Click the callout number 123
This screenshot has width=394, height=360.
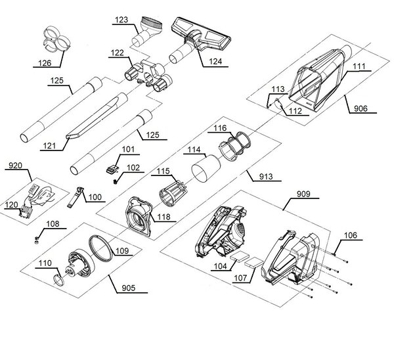[x=121, y=20]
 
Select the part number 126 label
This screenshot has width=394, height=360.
[x=45, y=63]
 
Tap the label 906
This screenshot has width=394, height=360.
[x=361, y=108]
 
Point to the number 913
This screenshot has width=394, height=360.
[x=266, y=177]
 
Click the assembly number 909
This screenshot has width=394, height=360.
[x=303, y=194]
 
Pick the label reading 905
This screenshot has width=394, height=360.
[x=129, y=288]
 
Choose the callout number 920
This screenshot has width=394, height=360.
[x=15, y=166]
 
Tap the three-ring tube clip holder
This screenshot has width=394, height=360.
[x=56, y=39]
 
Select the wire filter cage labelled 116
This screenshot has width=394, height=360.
[x=235, y=146]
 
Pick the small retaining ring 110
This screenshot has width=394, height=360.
[x=59, y=281]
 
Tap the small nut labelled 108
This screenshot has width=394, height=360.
[x=36, y=240]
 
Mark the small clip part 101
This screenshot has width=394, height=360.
[x=112, y=169]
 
